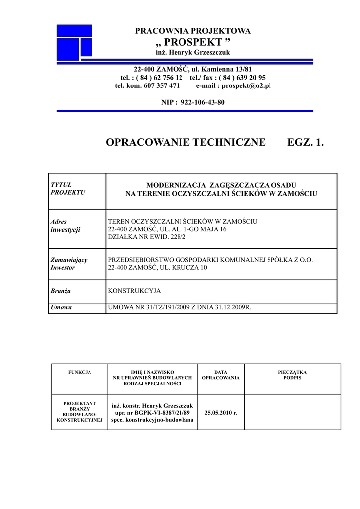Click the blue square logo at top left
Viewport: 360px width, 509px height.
coord(75,41)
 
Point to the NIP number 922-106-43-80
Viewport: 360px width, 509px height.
coord(203,102)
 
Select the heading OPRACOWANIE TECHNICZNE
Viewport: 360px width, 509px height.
coord(185,143)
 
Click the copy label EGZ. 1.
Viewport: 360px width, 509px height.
coord(305,143)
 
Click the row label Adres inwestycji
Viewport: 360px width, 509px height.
coord(65,226)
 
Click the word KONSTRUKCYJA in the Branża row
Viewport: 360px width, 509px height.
coord(134,291)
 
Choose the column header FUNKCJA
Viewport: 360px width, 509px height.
coord(80,372)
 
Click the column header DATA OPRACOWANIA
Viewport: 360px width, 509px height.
coord(221,375)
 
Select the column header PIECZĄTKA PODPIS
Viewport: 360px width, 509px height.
coord(292,375)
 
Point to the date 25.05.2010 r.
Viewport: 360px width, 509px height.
coord(221,413)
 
